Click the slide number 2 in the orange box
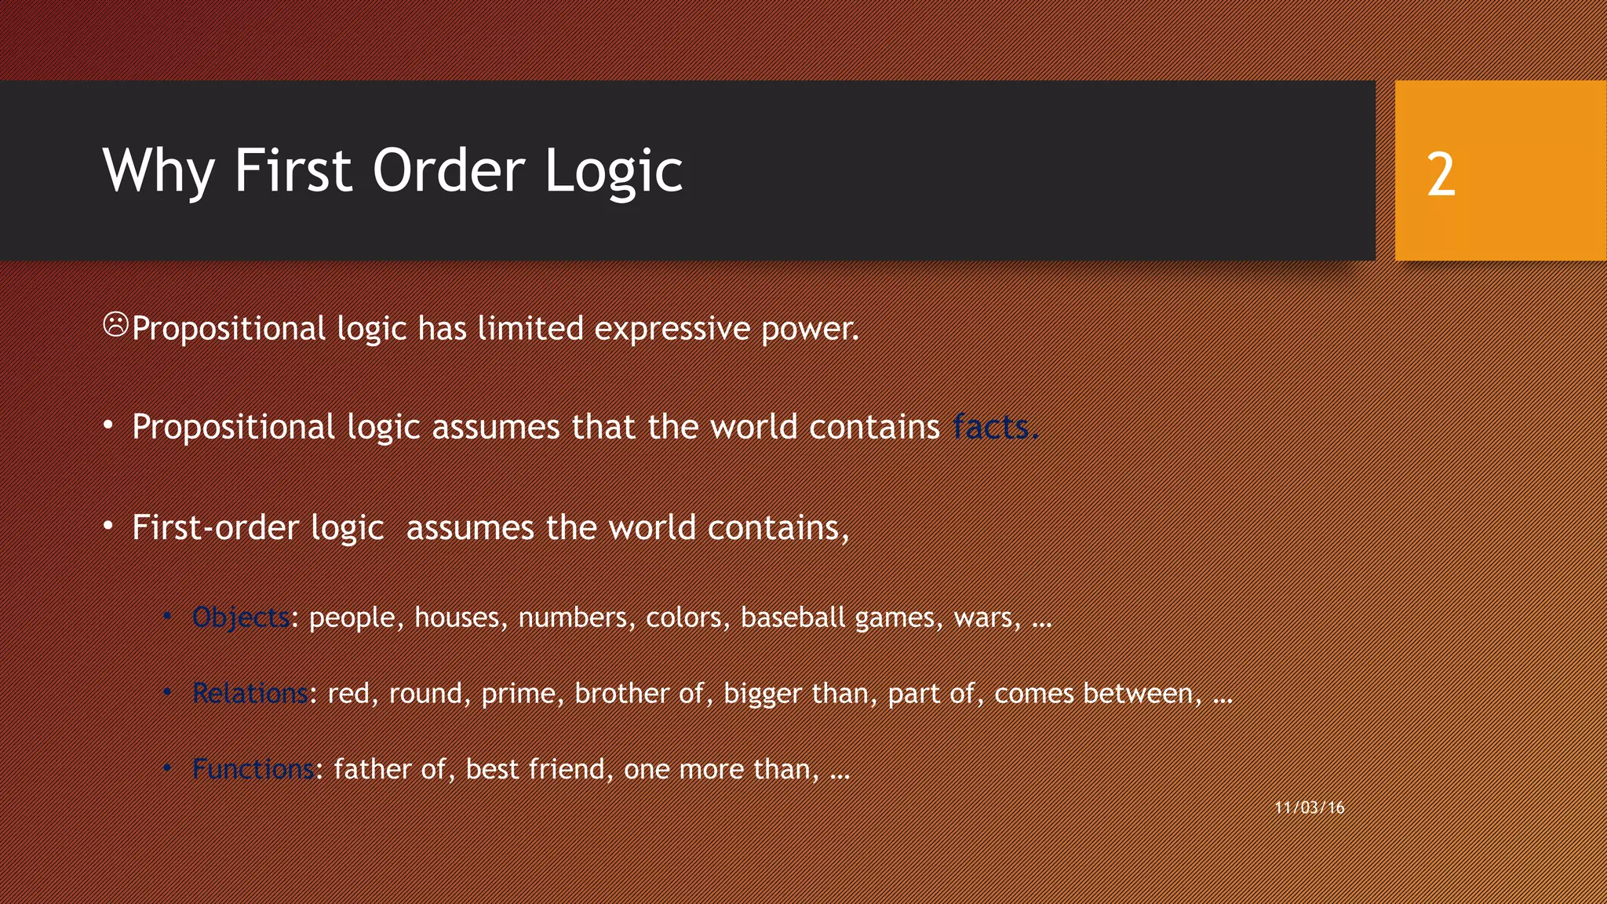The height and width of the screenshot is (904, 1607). coord(1441,174)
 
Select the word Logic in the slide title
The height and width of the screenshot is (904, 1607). coord(613,171)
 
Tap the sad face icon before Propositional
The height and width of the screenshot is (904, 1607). coord(115,324)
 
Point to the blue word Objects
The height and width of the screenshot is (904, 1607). coord(241,618)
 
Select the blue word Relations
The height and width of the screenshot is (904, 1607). coord(250,694)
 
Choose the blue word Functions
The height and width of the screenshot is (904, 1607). coord(253,769)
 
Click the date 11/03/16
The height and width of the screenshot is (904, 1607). coord(1310,807)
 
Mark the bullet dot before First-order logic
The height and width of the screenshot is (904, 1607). coord(108,525)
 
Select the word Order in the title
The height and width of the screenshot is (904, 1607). coord(448,171)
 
